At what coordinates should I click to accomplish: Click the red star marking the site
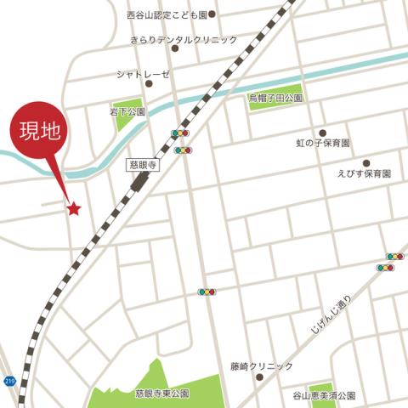click(x=74, y=207)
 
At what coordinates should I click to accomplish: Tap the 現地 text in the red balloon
click(x=40, y=132)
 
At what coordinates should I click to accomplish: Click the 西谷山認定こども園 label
click(x=166, y=14)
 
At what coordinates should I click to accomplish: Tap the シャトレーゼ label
click(x=143, y=74)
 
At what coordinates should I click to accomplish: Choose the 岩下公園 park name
click(x=127, y=111)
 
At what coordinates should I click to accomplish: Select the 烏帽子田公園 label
click(x=275, y=99)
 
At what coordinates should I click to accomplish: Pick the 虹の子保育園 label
click(x=323, y=143)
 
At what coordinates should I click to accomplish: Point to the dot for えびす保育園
click(x=366, y=162)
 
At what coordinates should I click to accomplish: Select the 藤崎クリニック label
click(x=261, y=365)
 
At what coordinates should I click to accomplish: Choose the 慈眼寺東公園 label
click(x=161, y=394)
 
